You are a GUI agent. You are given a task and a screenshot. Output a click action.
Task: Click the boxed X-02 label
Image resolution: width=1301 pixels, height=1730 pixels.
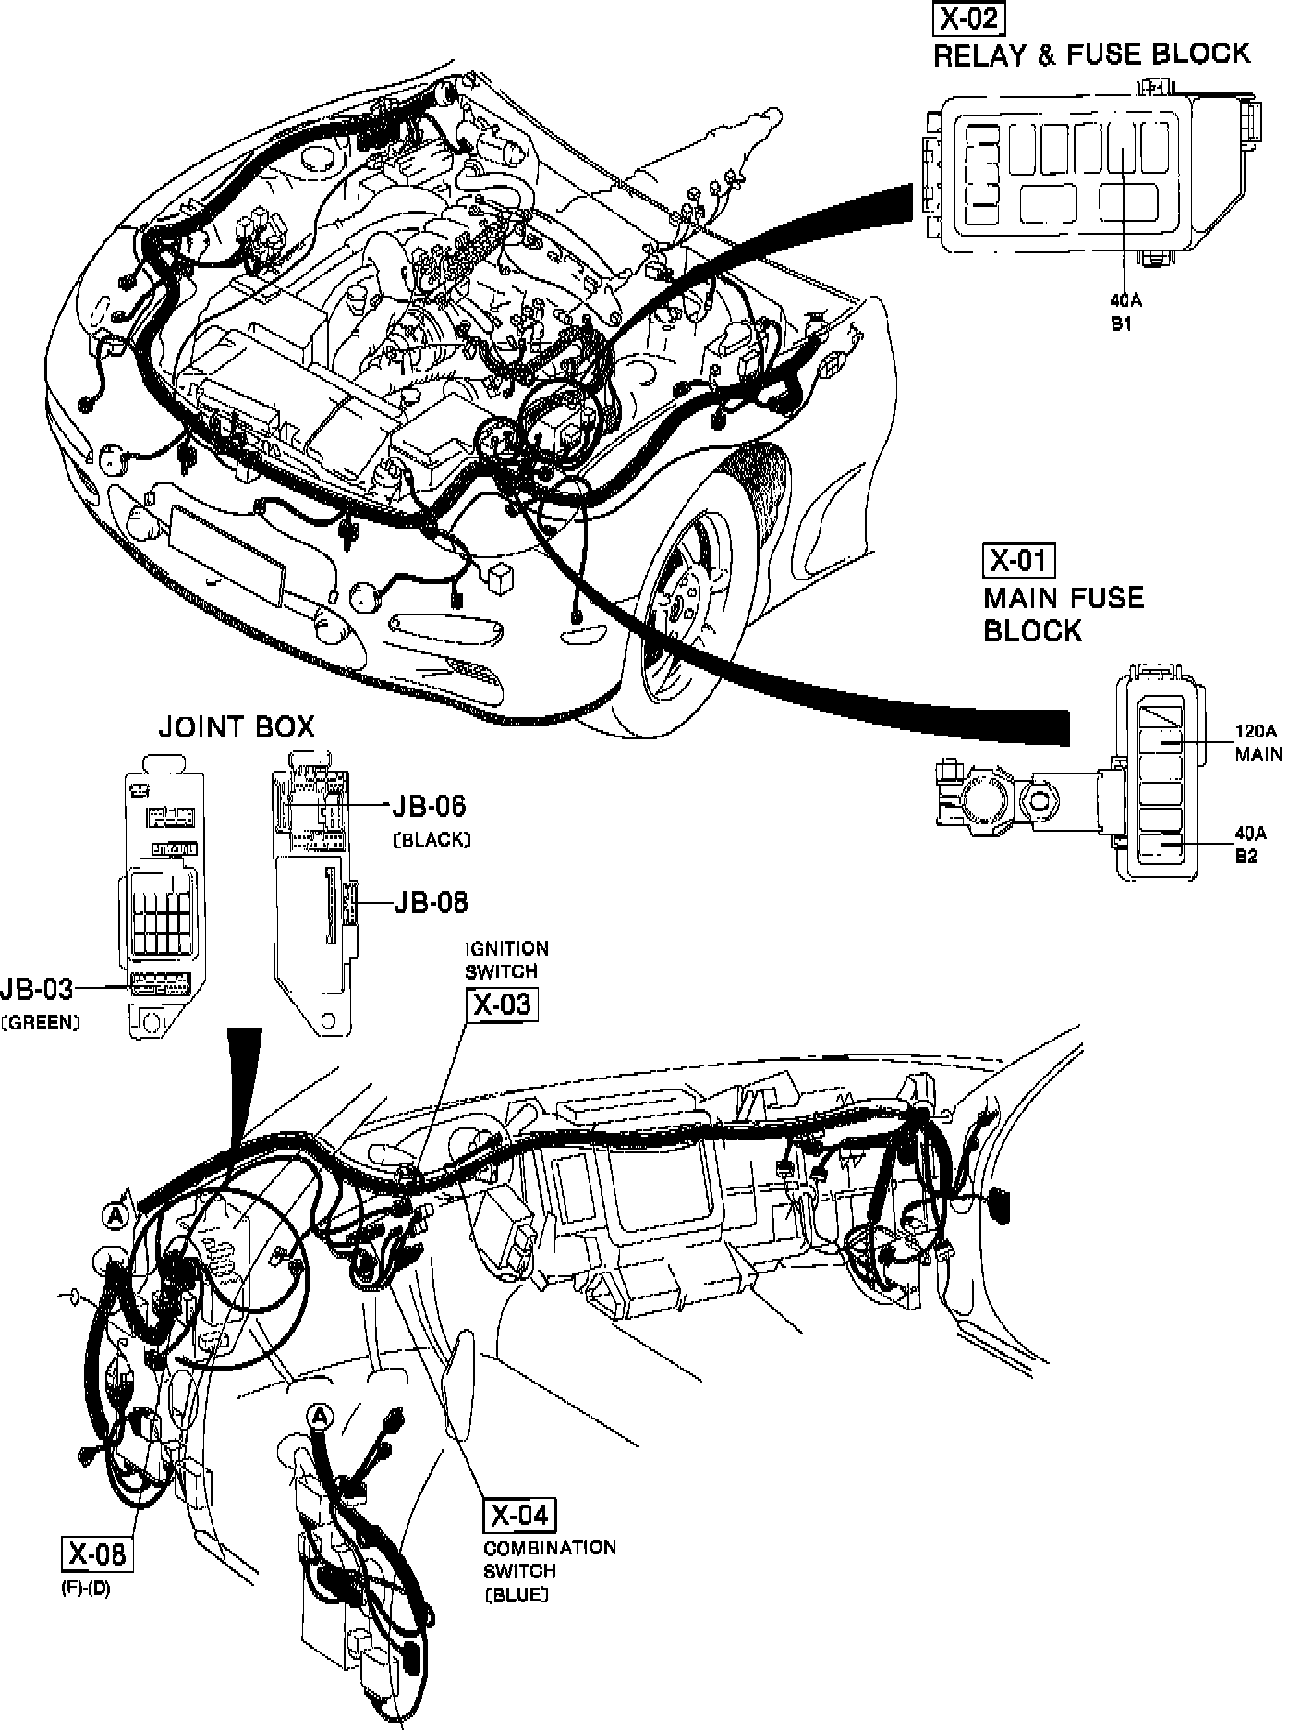[968, 19]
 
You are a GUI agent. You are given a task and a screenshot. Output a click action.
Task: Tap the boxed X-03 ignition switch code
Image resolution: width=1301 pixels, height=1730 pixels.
[503, 1005]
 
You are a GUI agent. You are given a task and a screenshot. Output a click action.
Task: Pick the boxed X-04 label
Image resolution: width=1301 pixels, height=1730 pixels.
[520, 1515]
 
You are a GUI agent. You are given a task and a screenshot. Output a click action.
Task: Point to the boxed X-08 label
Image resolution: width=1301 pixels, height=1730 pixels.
[95, 1554]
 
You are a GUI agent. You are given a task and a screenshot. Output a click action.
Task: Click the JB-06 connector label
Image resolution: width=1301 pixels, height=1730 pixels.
[429, 806]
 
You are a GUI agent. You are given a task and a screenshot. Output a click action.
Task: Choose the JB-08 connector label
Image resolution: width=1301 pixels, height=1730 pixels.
[431, 901]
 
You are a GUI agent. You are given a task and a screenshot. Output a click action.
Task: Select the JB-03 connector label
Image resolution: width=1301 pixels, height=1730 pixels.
[37, 989]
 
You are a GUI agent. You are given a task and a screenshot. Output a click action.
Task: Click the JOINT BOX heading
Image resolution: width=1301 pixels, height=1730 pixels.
[237, 727]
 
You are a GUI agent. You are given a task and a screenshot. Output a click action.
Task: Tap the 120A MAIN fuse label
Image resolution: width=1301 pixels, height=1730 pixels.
[1258, 742]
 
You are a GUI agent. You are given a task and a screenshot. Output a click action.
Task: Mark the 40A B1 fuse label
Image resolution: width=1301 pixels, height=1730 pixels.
[1122, 311]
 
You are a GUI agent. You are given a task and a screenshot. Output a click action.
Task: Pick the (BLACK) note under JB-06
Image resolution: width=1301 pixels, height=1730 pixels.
[432, 839]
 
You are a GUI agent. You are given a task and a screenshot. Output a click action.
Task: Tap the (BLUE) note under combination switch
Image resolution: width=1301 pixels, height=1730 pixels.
[517, 1594]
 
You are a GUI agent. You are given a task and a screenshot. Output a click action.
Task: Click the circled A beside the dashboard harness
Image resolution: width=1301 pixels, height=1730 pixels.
[116, 1217]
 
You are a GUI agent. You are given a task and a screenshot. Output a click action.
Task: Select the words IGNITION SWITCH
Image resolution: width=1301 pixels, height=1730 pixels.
[506, 959]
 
